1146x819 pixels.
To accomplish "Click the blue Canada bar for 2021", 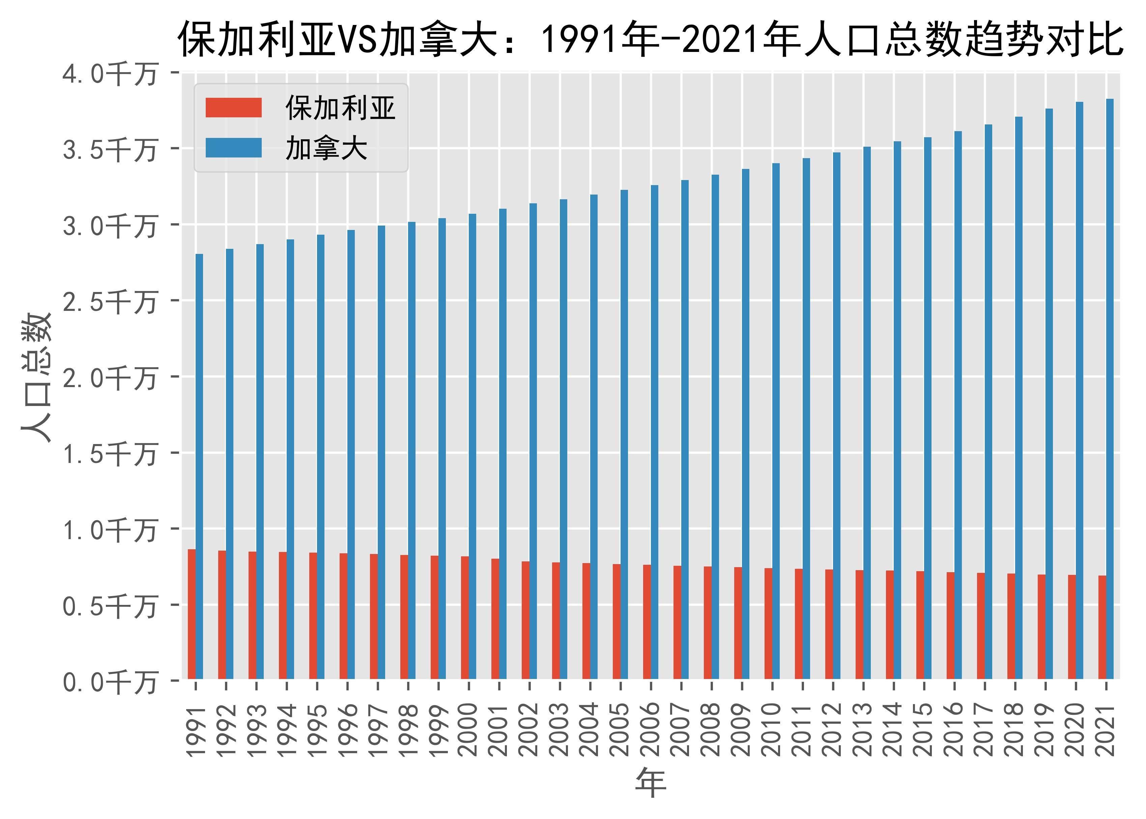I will (x=1110, y=388).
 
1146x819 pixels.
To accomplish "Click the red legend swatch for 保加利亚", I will (x=233, y=108).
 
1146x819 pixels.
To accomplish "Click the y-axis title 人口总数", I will (x=36, y=377).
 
